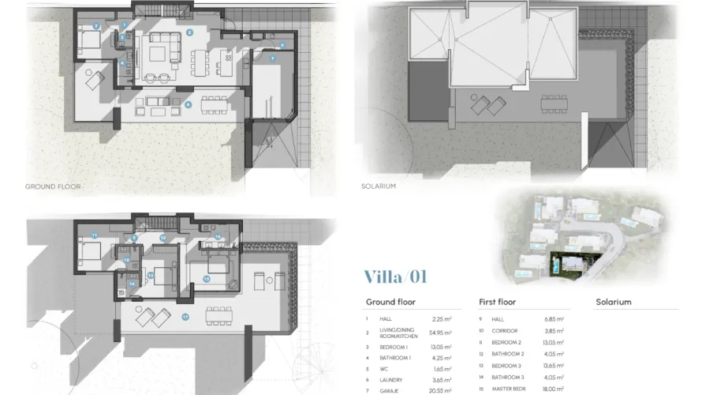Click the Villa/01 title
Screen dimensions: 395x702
pos(395,276)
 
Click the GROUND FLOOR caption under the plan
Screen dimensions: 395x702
pos(54,187)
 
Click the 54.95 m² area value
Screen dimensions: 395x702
pos(441,333)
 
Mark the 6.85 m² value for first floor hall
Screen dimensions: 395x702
pos(555,318)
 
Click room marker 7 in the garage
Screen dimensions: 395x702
pos(272,58)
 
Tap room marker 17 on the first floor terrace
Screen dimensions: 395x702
pos(185,316)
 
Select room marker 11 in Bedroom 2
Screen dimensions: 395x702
pos(94,235)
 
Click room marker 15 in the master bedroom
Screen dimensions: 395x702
pos(206,278)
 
